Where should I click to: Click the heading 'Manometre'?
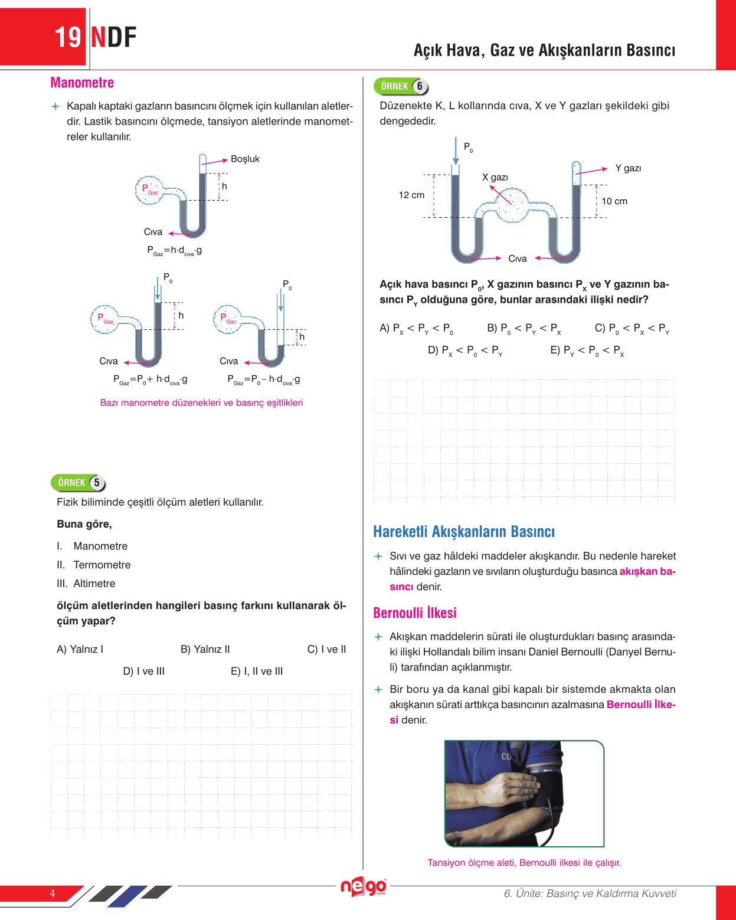pyautogui.click(x=82, y=83)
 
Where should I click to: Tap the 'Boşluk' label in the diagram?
pyautogui.click(x=245, y=159)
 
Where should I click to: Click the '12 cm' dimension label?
pyautogui.click(x=411, y=195)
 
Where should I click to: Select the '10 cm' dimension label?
pyautogui.click(x=614, y=201)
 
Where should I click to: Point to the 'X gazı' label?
pyautogui.click(x=495, y=177)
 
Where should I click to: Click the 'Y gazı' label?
pyautogui.click(x=628, y=168)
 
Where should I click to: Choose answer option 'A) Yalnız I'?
pyautogui.click(x=80, y=649)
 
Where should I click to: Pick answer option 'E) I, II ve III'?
pyautogui.click(x=257, y=671)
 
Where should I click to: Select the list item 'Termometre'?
pyautogui.click(x=102, y=565)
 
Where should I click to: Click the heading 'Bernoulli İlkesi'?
pyautogui.click(x=415, y=613)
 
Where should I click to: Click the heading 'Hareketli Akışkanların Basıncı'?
pyautogui.click(x=464, y=532)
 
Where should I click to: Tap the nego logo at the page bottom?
pyautogui.click(x=363, y=886)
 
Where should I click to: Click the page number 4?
pyautogui.click(x=53, y=893)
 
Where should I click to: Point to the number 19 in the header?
pyautogui.click(x=68, y=37)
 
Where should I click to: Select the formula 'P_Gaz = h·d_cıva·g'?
pyautogui.click(x=175, y=251)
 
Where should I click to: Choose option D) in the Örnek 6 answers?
pyautogui.click(x=465, y=351)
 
